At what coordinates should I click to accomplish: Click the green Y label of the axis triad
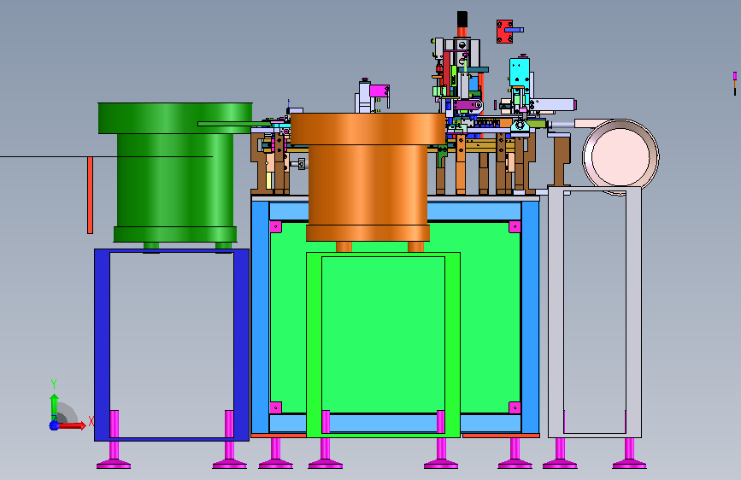click(x=54, y=384)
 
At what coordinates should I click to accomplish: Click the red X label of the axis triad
click(x=91, y=421)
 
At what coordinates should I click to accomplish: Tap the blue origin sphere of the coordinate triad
click(x=54, y=425)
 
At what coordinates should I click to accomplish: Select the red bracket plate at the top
click(x=504, y=32)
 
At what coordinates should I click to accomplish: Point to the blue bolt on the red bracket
click(x=514, y=30)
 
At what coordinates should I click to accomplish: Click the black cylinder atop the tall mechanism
click(x=462, y=20)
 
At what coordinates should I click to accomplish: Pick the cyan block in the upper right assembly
click(x=520, y=72)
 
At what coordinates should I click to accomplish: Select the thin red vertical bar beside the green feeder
click(x=90, y=195)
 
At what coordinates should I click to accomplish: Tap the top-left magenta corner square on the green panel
click(x=275, y=227)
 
